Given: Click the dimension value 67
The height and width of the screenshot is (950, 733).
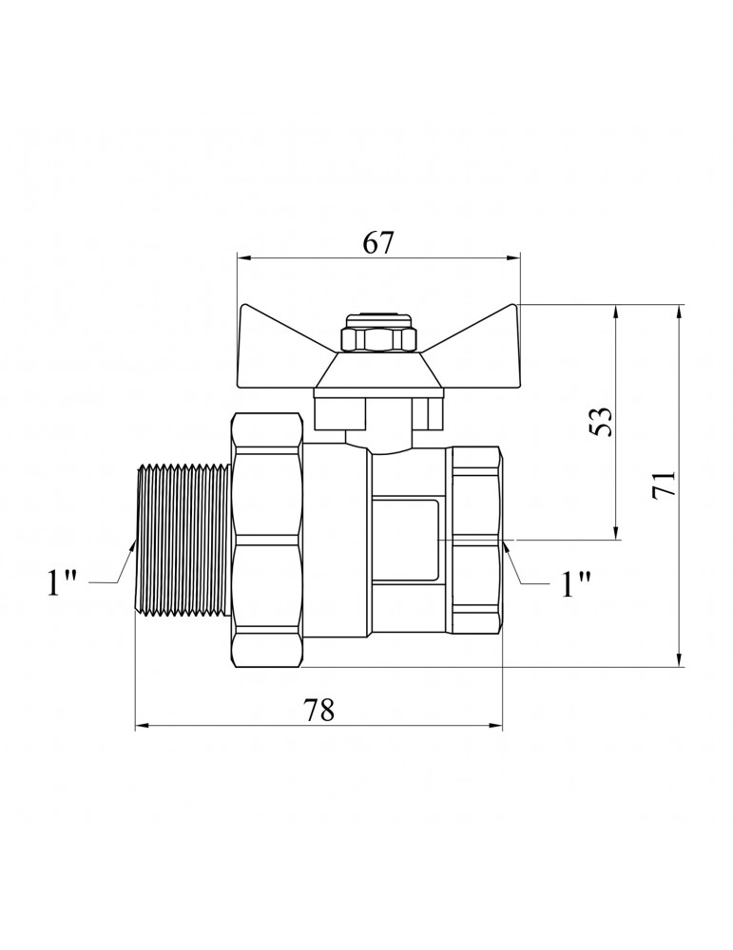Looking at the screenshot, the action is click(378, 242).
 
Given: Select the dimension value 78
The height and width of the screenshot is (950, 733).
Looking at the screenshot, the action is click(318, 710).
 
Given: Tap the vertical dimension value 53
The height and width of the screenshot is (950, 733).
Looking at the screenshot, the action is click(601, 421).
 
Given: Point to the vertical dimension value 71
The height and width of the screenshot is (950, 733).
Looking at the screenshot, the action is click(664, 484).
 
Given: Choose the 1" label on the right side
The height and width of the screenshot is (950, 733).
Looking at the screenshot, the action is click(575, 584).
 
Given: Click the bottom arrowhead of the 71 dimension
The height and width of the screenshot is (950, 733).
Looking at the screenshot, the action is click(680, 660).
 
